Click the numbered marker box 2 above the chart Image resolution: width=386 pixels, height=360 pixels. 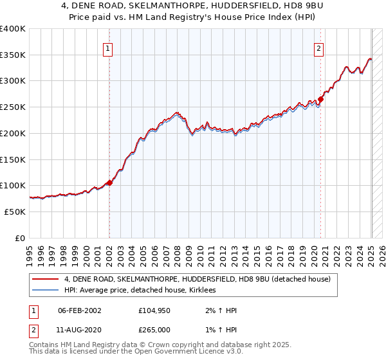318,48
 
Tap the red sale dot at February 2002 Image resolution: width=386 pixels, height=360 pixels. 109,183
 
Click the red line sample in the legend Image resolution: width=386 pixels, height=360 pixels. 45,279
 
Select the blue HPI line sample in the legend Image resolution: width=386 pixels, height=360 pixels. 45,291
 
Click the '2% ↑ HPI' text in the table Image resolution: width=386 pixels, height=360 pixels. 217,310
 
